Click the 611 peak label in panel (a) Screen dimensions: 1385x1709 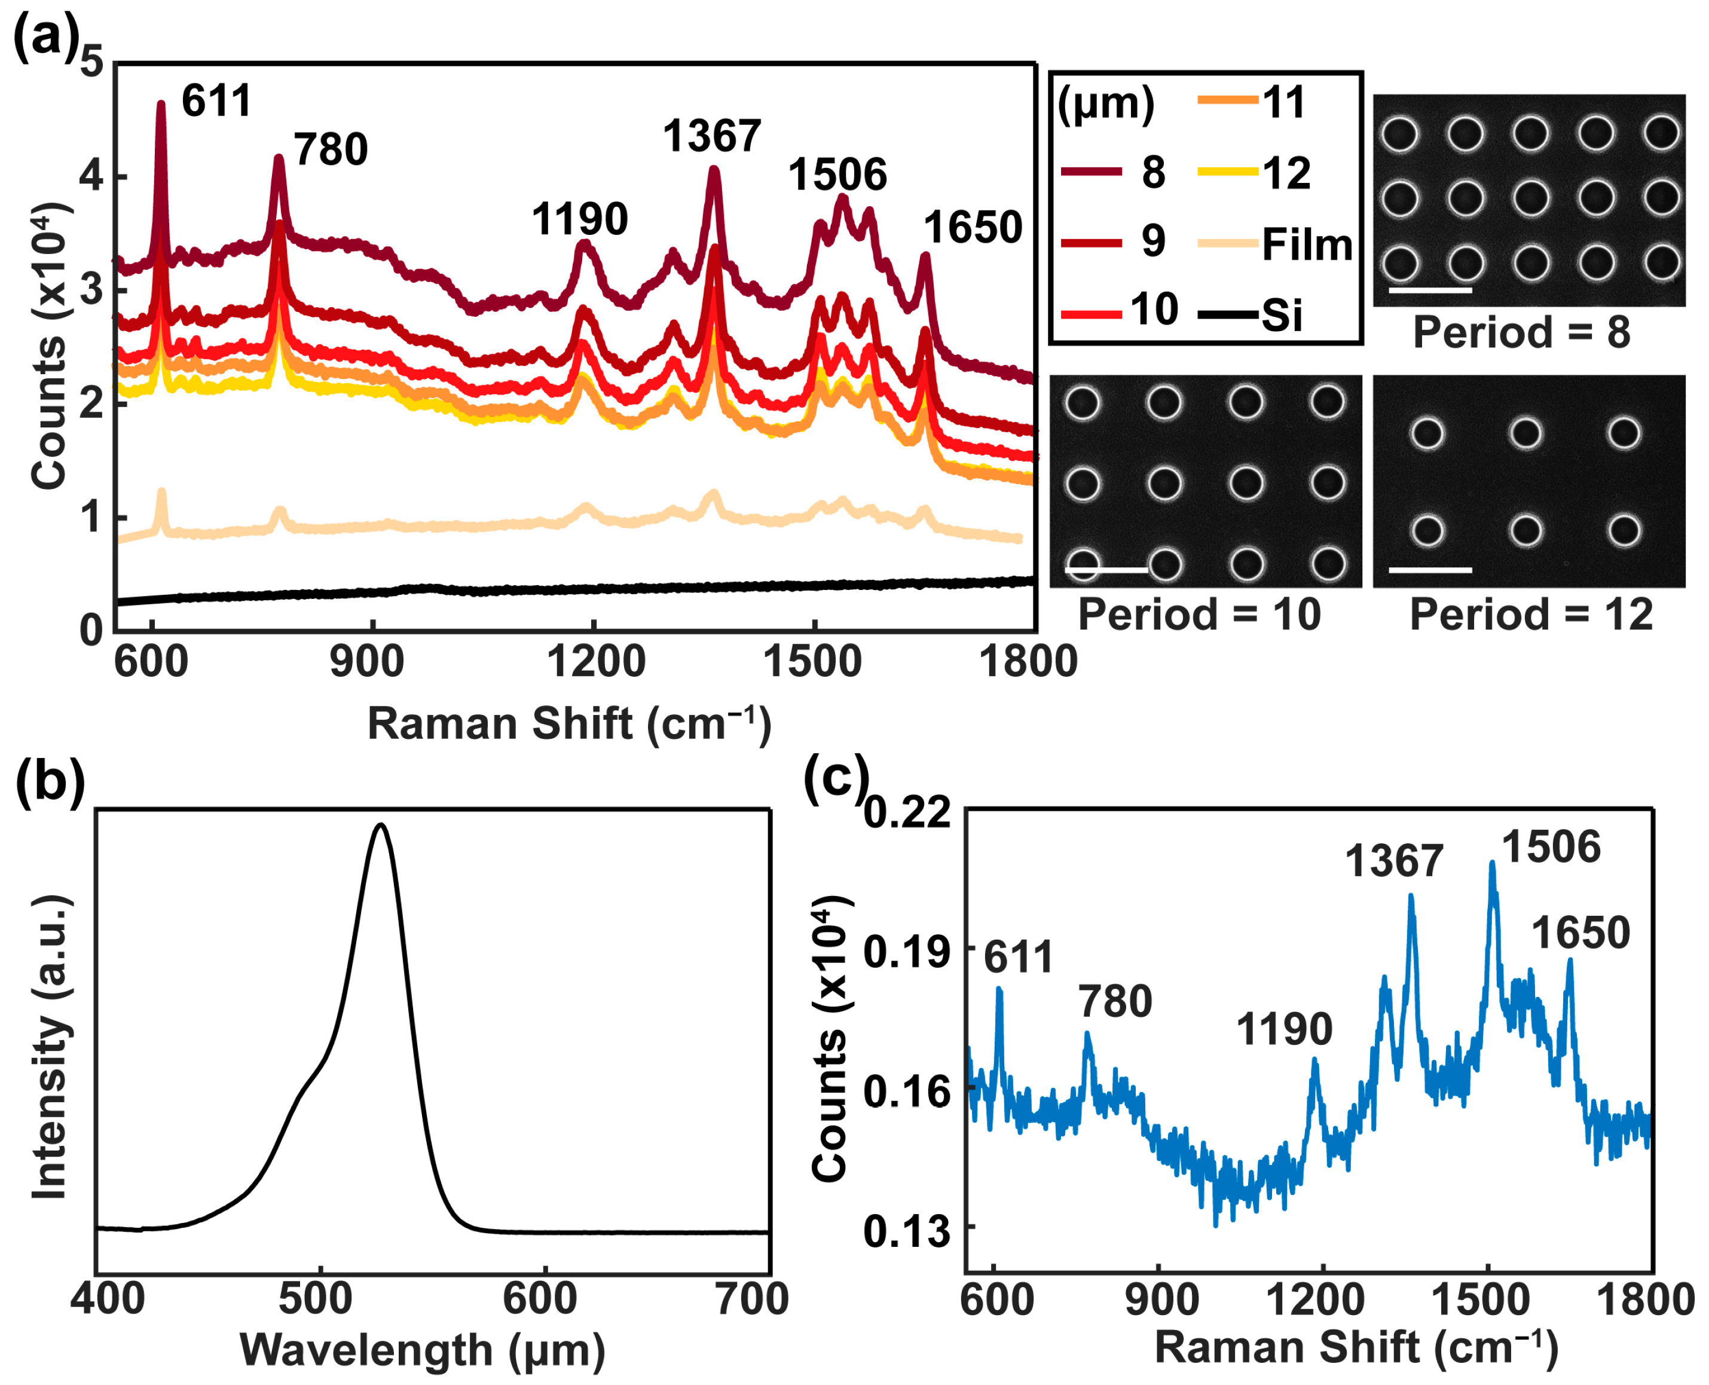pyautogui.click(x=216, y=102)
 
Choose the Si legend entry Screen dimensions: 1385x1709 pyautogui.click(x=1282, y=315)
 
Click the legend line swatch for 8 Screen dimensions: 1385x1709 pyautogui.click(x=1091, y=172)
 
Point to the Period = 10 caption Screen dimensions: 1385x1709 pyautogui.click(x=1199, y=614)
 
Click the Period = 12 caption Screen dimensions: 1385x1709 pyautogui.click(x=1530, y=614)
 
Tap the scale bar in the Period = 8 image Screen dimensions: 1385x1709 pyautogui.click(x=1430, y=291)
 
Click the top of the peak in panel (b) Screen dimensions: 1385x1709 pyautogui.click(x=381, y=825)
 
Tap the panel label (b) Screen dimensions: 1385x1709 pyautogui.click(x=50, y=782)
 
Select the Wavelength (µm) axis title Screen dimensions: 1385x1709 pyautogui.click(x=422, y=1349)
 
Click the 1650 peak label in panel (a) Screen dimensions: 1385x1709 pyautogui.click(x=972, y=228)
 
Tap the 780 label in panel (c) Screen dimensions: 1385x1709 pyautogui.click(x=1115, y=1001)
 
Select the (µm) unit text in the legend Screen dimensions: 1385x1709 pyautogui.click(x=1105, y=104)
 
